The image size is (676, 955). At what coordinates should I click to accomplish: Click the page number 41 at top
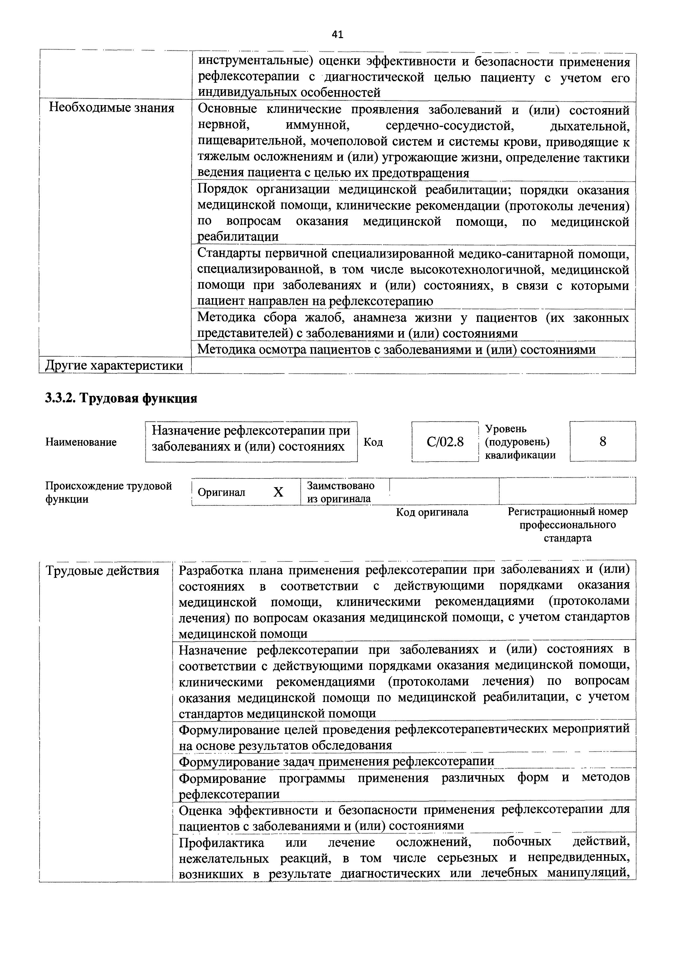tap(338, 35)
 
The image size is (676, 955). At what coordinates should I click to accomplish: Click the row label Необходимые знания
tap(111, 108)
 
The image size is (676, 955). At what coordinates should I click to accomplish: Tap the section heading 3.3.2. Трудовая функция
tap(121, 398)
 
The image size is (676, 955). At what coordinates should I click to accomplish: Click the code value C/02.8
tap(445, 441)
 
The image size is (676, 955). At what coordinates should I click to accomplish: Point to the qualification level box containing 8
tap(602, 441)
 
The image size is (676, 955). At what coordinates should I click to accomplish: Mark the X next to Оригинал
tap(278, 492)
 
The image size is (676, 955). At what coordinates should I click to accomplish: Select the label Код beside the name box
tap(373, 442)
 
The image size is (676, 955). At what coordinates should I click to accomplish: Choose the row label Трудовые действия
tap(102, 570)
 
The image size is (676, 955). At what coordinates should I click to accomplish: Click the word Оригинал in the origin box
tap(222, 492)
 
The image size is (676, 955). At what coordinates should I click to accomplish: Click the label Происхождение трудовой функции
tap(108, 492)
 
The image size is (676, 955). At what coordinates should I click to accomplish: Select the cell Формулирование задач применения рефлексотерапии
tap(336, 761)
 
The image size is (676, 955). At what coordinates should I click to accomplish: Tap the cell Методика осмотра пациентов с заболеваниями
tap(396, 349)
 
